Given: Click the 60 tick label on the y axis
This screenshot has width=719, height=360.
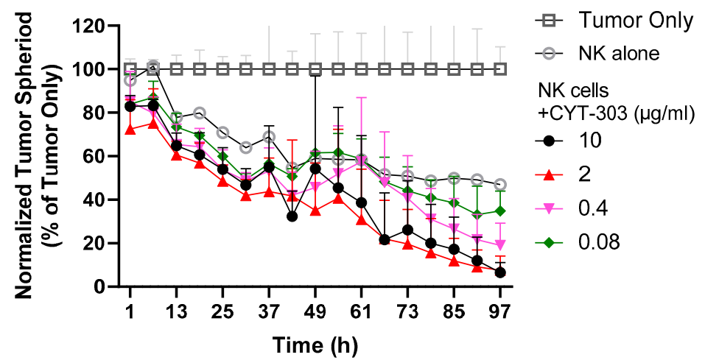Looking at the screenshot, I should (x=99, y=156).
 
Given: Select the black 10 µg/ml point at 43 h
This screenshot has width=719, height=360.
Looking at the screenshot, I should (x=292, y=216).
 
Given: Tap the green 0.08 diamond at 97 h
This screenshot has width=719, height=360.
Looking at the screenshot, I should (x=500, y=211).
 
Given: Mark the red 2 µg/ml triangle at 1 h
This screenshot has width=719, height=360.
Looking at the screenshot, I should (x=130, y=130).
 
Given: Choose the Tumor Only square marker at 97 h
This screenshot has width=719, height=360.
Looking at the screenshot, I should (x=500, y=69).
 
